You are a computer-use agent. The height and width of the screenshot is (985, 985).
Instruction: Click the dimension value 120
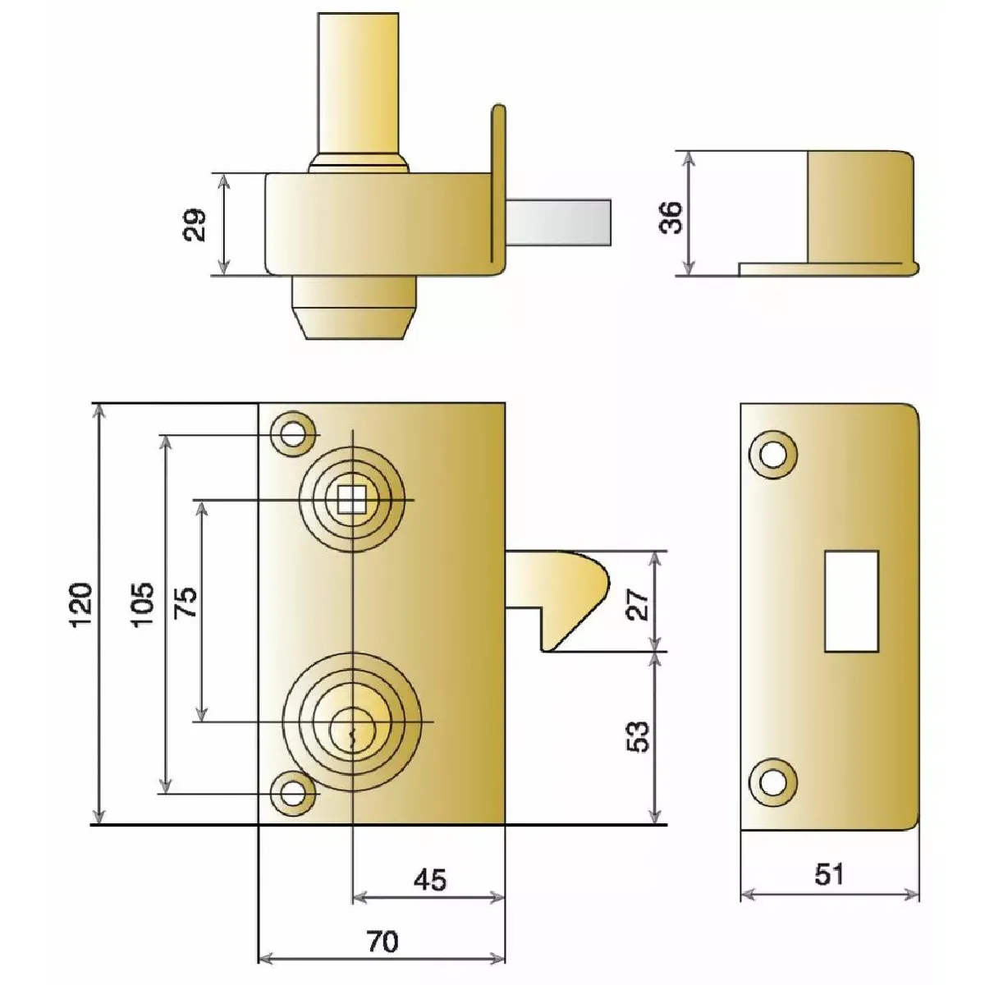pos(80,604)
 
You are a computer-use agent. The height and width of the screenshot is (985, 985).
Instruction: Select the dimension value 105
pos(142,604)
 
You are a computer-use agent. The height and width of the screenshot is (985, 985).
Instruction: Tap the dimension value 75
pos(186,602)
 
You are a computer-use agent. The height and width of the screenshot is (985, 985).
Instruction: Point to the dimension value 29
pos(195,224)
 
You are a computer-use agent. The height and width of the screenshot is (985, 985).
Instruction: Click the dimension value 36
pos(671,218)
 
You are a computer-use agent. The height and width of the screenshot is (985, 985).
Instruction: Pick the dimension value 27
pos(638,604)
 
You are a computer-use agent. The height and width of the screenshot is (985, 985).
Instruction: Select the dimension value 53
pos(638,736)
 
